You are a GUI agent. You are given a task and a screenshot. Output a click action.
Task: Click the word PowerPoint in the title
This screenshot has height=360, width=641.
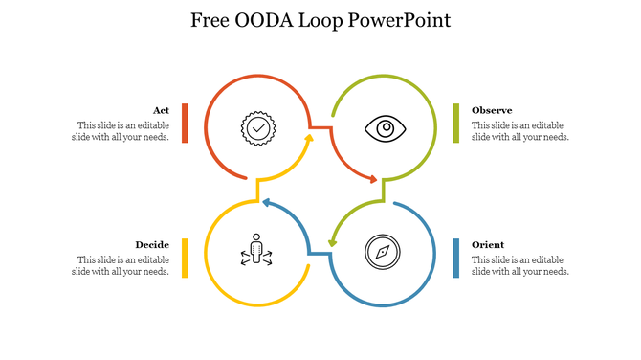tap(401, 20)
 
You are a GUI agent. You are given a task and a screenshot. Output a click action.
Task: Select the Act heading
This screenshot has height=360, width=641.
tap(161, 110)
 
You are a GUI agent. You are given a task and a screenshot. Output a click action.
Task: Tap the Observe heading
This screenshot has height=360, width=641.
tap(492, 110)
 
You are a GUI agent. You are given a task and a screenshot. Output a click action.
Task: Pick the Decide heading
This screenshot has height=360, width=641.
tap(152, 244)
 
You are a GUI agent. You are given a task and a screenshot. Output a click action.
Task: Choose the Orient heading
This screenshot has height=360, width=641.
tap(488, 244)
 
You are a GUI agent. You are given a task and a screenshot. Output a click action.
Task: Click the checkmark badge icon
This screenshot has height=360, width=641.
tap(256, 127)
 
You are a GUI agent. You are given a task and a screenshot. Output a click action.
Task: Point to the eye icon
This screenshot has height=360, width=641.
tap(386, 127)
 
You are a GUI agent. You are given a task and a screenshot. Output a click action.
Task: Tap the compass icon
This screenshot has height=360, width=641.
tap(382, 253)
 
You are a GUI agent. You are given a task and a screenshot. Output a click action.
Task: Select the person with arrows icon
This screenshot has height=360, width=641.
tap(255, 251)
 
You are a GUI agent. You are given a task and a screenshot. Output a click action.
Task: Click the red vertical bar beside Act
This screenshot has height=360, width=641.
tap(185, 123)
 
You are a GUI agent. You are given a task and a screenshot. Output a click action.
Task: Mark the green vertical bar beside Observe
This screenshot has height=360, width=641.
tap(456, 123)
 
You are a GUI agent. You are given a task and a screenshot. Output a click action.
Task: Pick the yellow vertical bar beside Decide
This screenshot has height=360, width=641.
tap(185, 258)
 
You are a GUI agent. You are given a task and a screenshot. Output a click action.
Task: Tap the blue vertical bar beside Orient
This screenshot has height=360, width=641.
tap(456, 258)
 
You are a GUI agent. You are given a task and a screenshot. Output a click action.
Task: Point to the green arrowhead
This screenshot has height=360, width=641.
tap(333, 241)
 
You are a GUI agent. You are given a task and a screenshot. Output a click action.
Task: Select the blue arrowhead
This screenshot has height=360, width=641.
tap(268, 203)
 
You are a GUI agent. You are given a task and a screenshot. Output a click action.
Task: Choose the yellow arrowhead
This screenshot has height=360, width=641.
tap(308, 140)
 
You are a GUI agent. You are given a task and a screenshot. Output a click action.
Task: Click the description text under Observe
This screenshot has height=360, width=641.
tap(520, 131)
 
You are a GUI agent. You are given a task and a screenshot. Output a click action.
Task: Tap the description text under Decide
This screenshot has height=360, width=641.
tap(122, 265)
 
